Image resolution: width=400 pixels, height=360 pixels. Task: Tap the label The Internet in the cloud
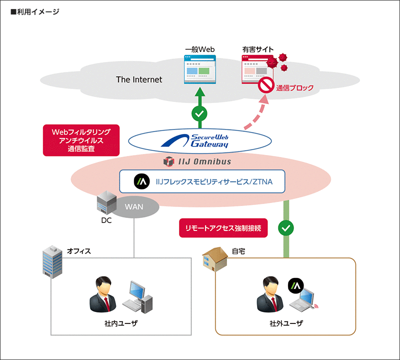[x=139, y=79]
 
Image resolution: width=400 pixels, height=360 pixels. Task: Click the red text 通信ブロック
[x=295, y=88]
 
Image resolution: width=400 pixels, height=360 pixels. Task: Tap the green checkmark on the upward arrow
[x=199, y=113]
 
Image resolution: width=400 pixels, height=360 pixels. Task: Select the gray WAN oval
[x=134, y=206]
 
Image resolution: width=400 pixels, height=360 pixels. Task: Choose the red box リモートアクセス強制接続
[x=223, y=227]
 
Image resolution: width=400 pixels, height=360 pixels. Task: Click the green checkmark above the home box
[x=286, y=228]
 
